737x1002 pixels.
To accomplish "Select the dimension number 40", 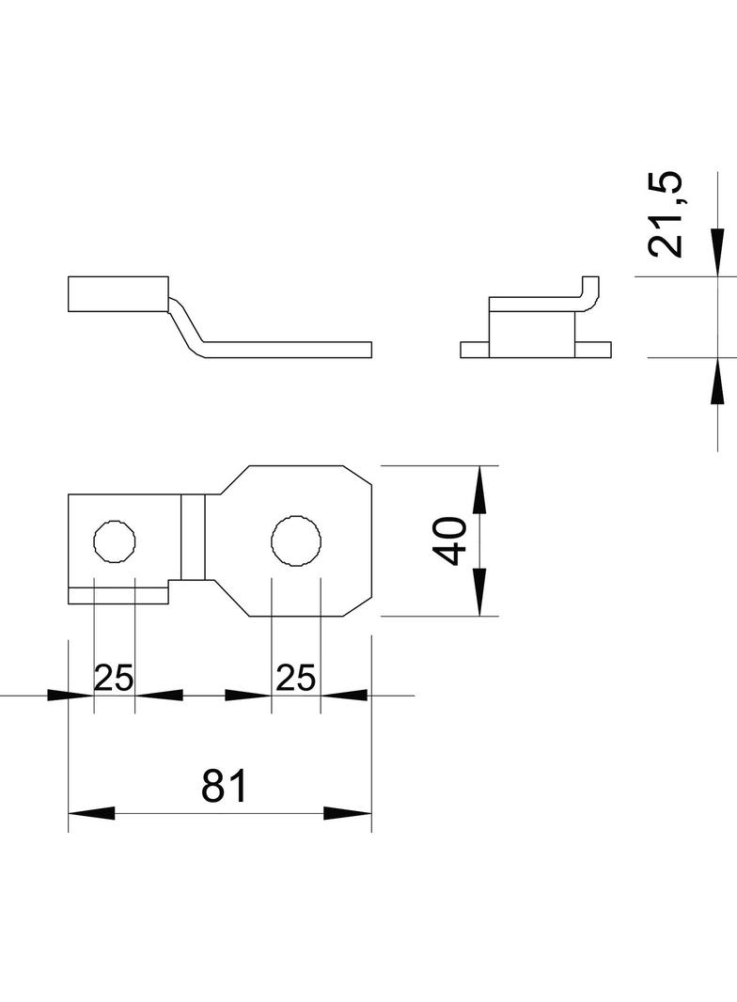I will pos(453,540).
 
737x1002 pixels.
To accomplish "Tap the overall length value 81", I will pos(224,786).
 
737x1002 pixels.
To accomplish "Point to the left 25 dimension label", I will pos(114,677).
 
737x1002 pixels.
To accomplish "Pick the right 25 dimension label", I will pos(295,677).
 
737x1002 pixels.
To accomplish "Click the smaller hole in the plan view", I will pos(115,541).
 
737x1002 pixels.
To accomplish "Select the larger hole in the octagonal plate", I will pos(296,541).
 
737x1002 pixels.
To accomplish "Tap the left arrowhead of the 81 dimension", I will pos(91,813).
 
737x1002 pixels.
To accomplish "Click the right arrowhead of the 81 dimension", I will pos(348,813).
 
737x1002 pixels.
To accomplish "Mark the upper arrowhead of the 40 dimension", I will pos(479,489).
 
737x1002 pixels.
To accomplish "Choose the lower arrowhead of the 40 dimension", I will pos(479,593).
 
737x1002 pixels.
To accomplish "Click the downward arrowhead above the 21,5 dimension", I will pos(717,253).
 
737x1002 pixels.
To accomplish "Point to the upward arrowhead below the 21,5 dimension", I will pos(717,381).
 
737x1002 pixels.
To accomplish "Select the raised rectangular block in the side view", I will pos(118,293).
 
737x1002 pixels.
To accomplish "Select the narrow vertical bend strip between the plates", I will pos(193,538).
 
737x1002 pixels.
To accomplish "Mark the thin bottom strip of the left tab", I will pos(118,593).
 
